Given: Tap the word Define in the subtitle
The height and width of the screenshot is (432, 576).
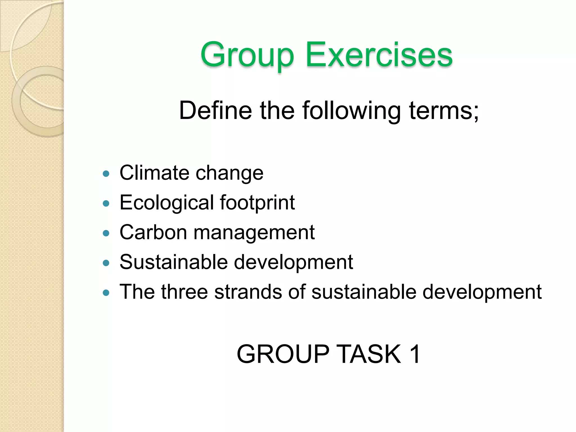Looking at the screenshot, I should (215, 110).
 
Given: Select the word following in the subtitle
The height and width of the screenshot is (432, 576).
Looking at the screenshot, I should (351, 111).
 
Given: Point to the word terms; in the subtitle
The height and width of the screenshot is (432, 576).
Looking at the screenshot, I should (444, 110).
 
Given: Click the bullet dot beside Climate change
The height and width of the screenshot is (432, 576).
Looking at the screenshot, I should (106, 174).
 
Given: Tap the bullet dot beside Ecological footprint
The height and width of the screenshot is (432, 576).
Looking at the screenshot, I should (106, 203).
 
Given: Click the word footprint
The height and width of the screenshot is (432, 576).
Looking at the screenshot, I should (257, 203).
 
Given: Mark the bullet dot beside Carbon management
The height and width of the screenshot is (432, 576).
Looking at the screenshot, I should (106, 233).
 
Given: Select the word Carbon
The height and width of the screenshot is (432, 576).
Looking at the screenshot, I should (153, 232).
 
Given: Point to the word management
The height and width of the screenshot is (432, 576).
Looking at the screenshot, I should (254, 233).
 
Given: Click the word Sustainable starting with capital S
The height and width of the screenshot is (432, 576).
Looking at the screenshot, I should (174, 262).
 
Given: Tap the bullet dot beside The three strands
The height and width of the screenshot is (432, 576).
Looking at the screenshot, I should (106, 293).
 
